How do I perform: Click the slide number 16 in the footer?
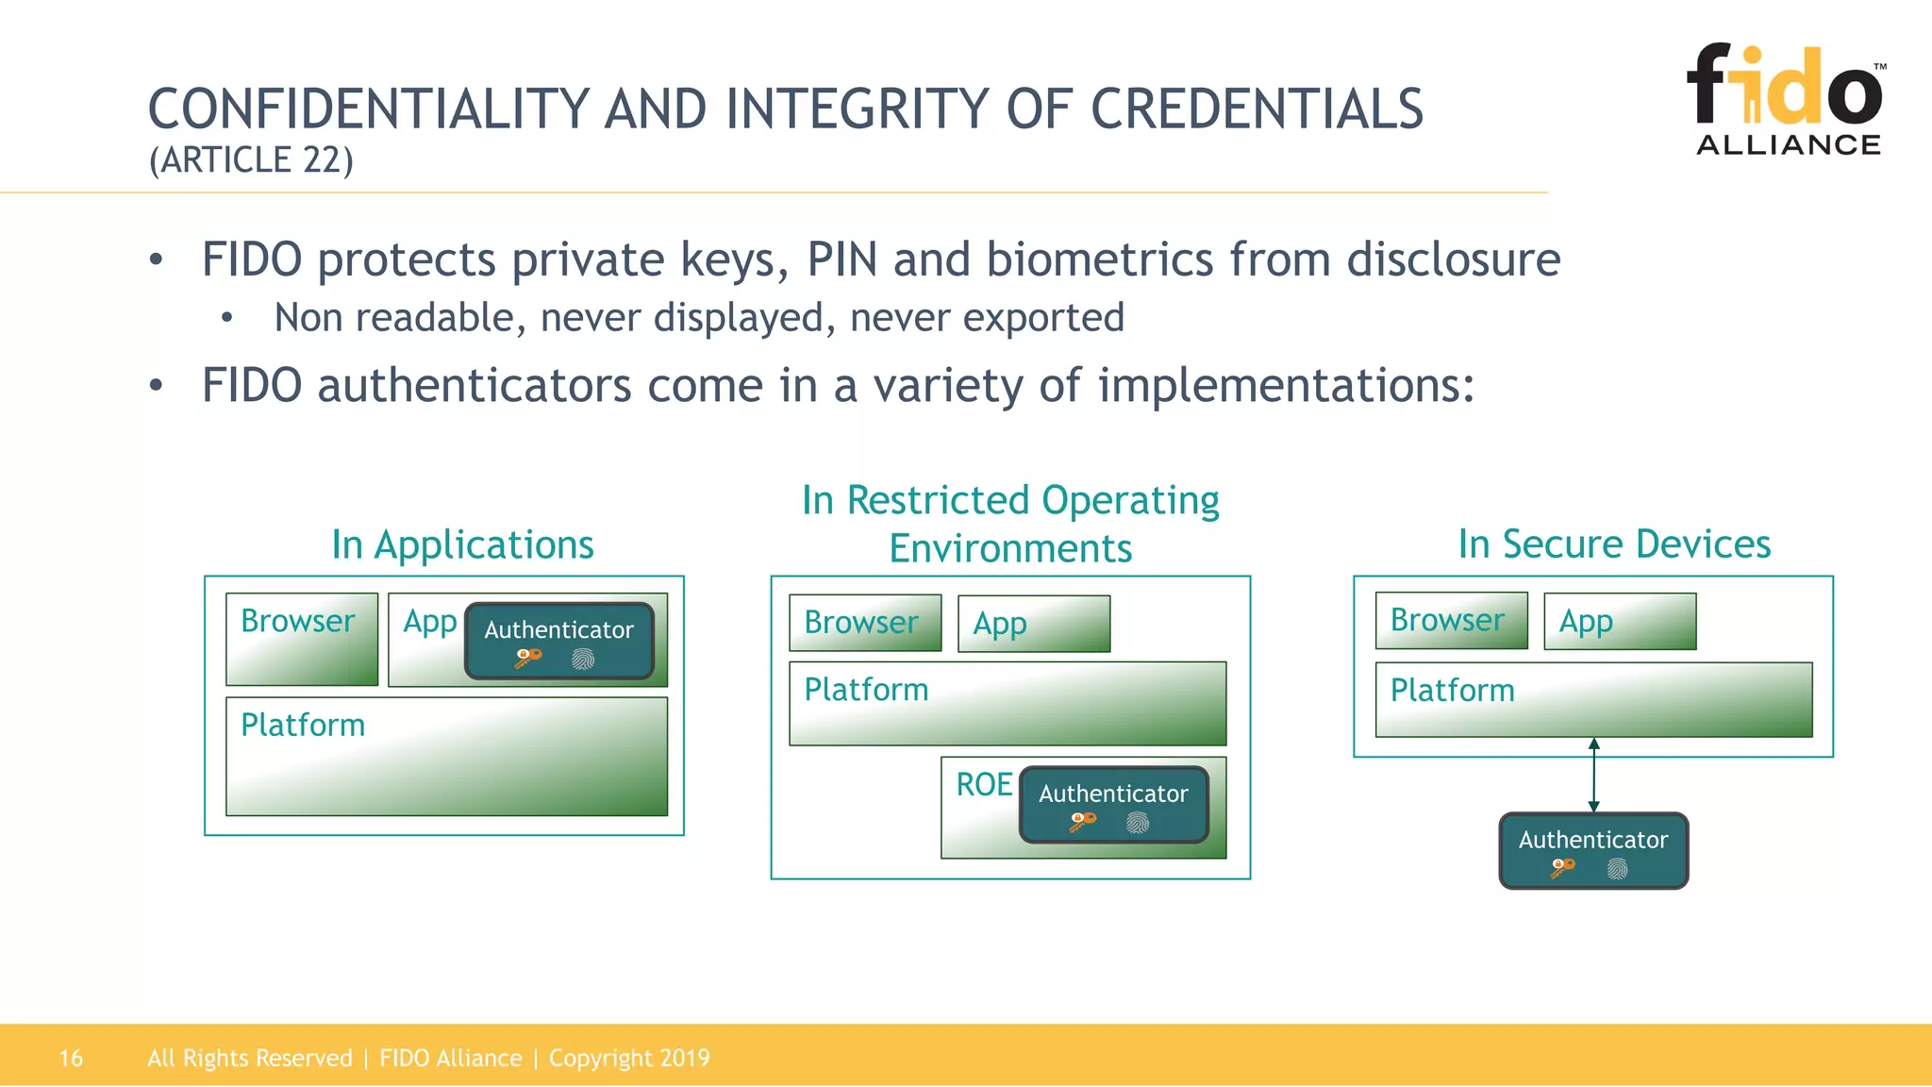[x=71, y=1058]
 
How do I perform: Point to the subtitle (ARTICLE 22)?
[x=251, y=160]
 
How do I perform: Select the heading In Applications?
[x=462, y=544]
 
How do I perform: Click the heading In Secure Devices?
[x=1614, y=543]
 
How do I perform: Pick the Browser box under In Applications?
[x=302, y=639]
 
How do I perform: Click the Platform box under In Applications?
[x=446, y=756]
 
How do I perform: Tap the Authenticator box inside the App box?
[x=559, y=641]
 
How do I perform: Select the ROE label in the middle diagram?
[x=983, y=784]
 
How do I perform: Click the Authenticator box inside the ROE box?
[x=1113, y=804]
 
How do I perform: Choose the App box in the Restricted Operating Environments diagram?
[x=1034, y=624]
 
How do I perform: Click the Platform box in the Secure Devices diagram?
[x=1593, y=699]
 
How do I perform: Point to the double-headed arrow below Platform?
[x=1593, y=775]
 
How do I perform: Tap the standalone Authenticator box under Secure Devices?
[x=1593, y=850]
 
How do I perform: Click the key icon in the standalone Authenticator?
[x=1562, y=867]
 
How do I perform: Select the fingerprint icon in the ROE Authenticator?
[x=1138, y=823]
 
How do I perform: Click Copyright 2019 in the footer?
[x=629, y=1058]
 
